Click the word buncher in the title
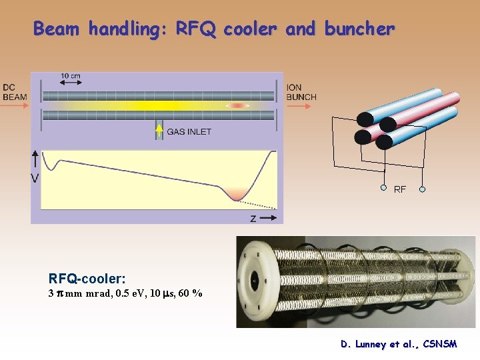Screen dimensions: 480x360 point(359,29)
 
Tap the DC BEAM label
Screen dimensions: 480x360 point(15,92)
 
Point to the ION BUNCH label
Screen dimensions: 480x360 point(301,92)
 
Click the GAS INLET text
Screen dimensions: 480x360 point(189,132)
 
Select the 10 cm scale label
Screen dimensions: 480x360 point(71,76)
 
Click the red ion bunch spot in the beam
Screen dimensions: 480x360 point(237,105)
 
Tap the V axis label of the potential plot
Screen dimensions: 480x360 point(35,178)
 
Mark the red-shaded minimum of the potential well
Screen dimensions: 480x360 point(237,194)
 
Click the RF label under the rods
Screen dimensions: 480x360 point(400,190)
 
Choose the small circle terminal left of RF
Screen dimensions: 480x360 point(383,188)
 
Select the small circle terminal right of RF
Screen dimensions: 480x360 point(422,189)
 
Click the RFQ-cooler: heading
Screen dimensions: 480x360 point(87,279)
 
